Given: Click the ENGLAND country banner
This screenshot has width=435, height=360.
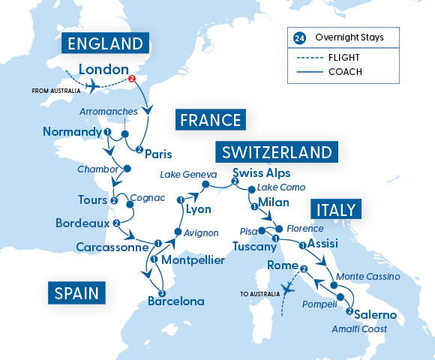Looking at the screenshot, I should [106, 43].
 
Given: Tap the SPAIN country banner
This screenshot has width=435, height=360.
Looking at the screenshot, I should [76, 291].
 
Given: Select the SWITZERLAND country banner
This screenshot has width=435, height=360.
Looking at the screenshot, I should [276, 152].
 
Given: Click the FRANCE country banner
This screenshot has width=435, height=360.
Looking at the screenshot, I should [209, 120].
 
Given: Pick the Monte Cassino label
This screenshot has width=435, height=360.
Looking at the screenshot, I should [367, 277].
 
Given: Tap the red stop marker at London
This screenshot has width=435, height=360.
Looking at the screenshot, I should [132, 79].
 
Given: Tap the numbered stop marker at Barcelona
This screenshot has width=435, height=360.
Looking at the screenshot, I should [161, 293].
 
